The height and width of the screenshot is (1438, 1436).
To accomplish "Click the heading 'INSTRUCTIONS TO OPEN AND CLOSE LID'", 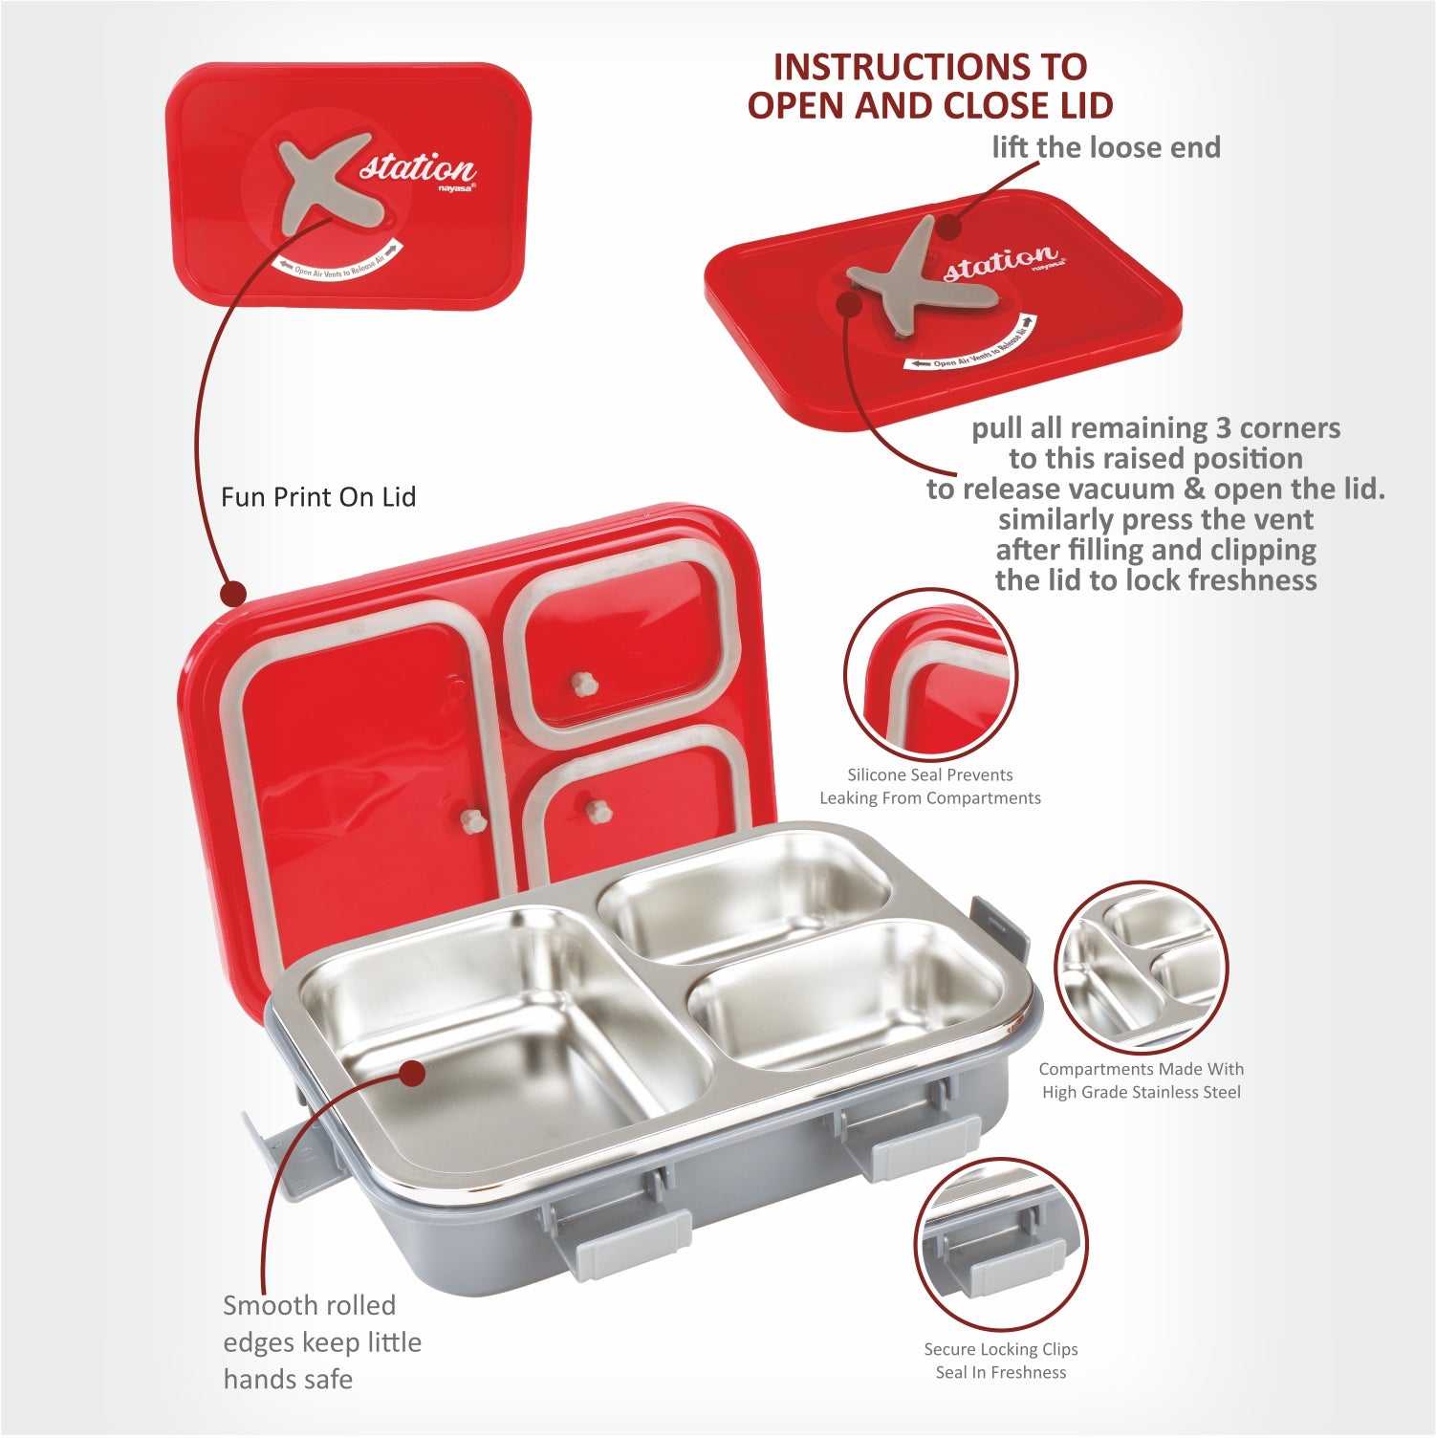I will point(930,85).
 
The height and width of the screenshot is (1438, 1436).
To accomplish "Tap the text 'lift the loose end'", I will point(1105,147).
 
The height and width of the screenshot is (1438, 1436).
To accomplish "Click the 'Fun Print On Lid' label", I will point(318,497).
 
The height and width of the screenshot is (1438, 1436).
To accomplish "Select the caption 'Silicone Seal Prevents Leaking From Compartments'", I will point(929,786).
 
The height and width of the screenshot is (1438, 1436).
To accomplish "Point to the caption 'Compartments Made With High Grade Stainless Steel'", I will point(1141,1080).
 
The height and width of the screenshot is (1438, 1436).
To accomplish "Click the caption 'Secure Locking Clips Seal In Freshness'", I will point(1000,1361).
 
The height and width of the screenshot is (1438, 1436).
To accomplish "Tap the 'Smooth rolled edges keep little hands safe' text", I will point(321,1341).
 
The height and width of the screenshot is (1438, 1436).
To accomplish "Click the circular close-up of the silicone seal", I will point(929,675).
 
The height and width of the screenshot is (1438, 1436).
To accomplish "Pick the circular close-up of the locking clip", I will point(1000,1244).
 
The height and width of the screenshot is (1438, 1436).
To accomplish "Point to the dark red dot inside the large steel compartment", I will point(412,1073).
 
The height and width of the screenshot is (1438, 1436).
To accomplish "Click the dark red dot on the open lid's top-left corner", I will point(233,594).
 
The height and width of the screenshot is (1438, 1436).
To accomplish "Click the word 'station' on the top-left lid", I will point(418,169).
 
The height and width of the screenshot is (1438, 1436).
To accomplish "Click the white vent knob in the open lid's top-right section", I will point(580,683).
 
